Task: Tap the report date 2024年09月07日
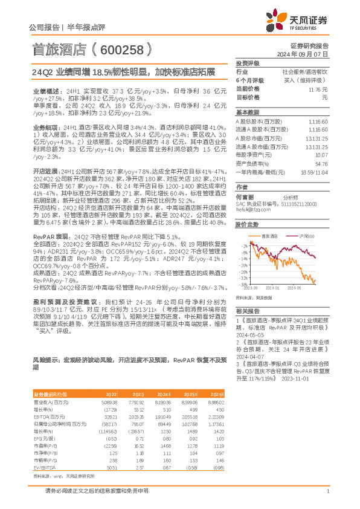point(306,54)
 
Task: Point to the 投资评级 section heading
point(247,63)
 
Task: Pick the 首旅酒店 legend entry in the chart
point(268,236)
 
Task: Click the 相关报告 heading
point(246,310)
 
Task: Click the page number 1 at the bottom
point(327,491)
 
